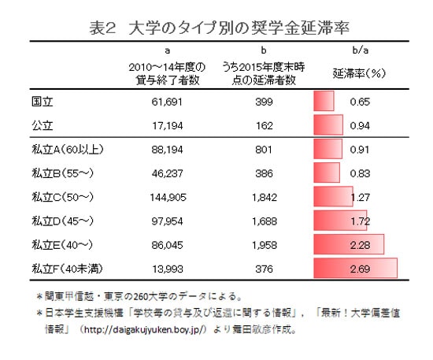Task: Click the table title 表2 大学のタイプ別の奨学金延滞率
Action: [x=214, y=27]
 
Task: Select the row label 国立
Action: [x=41, y=102]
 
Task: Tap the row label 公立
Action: [x=41, y=124]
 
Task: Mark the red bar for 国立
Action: [x=324, y=102]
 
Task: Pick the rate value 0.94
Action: [x=360, y=124]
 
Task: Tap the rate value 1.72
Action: [x=360, y=221]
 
